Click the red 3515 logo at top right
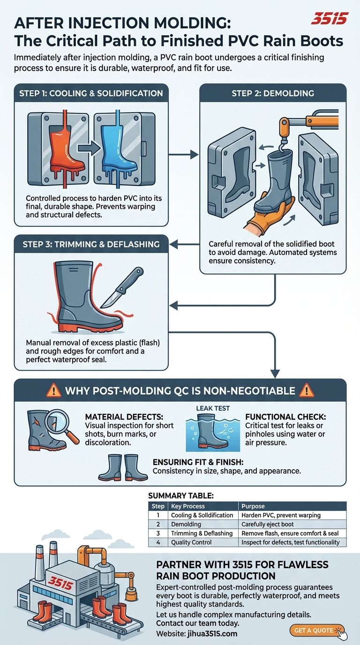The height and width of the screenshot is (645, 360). [330, 19]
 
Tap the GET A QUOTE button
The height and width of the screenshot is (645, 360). [317, 630]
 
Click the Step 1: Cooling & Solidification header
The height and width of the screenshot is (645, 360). [91, 93]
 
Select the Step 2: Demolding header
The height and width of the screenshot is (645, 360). [272, 93]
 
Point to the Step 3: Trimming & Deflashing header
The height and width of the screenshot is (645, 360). [91, 244]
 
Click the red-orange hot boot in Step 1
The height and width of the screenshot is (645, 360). [66, 145]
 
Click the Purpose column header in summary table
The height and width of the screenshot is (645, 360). [253, 506]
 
